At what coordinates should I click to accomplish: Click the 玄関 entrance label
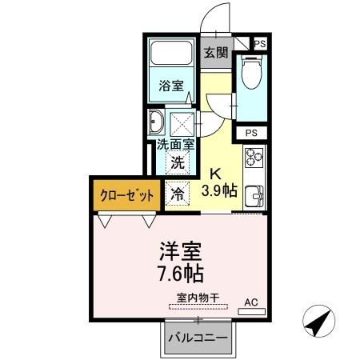215,53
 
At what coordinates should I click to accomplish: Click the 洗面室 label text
175,145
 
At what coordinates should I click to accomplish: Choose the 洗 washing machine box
179,161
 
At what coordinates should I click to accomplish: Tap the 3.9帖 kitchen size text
218,190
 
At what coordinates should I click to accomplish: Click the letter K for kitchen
216,174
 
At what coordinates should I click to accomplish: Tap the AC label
251,302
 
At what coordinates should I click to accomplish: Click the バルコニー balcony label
197,336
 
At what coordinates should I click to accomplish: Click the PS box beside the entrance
259,44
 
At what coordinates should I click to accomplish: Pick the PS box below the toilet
251,133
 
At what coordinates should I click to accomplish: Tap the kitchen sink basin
255,195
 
